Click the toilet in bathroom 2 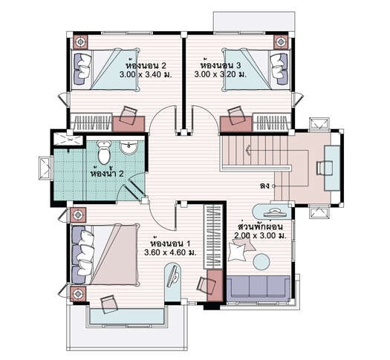pos(104,152)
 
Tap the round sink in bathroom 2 pos(129,148)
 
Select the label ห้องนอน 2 pos(146,65)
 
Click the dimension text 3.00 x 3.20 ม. pos(220,74)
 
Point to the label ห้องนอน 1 pos(171,243)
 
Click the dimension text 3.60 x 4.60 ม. pos(170,252)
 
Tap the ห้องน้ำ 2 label pos(107,173)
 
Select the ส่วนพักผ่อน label pos(261,227)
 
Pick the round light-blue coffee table pos(261,261)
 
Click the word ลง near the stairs pos(264,186)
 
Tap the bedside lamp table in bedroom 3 pos(281,42)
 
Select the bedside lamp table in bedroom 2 pos(80,42)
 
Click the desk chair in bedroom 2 pos(129,114)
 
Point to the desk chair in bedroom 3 pos(235,114)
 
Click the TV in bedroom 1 pos(172,277)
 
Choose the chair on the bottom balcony pos(108,304)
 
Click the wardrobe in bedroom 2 pos(91,122)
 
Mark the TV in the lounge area pos(273,212)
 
